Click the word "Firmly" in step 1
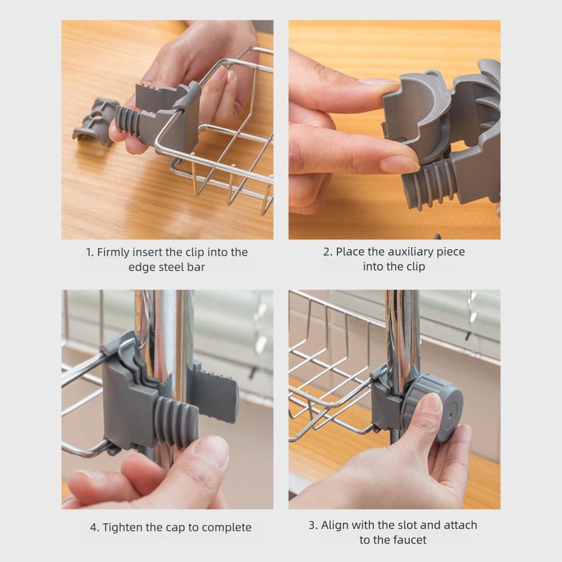(x=113, y=252)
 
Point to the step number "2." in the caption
(x=328, y=252)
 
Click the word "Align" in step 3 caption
(x=335, y=525)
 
